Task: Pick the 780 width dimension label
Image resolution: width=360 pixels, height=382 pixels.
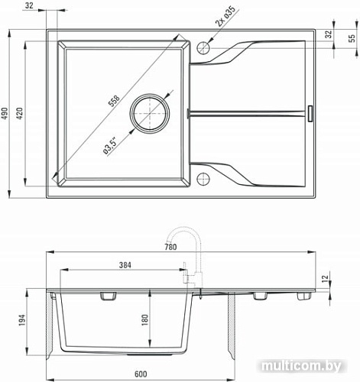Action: (170, 247)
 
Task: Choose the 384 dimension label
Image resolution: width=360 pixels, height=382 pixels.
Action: (125, 265)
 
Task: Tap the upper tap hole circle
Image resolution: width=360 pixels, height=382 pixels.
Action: (203, 46)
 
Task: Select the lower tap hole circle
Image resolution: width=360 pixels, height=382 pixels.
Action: (203, 180)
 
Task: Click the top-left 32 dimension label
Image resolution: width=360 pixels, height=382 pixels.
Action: (28, 6)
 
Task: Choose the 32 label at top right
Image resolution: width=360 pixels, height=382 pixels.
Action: (329, 34)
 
